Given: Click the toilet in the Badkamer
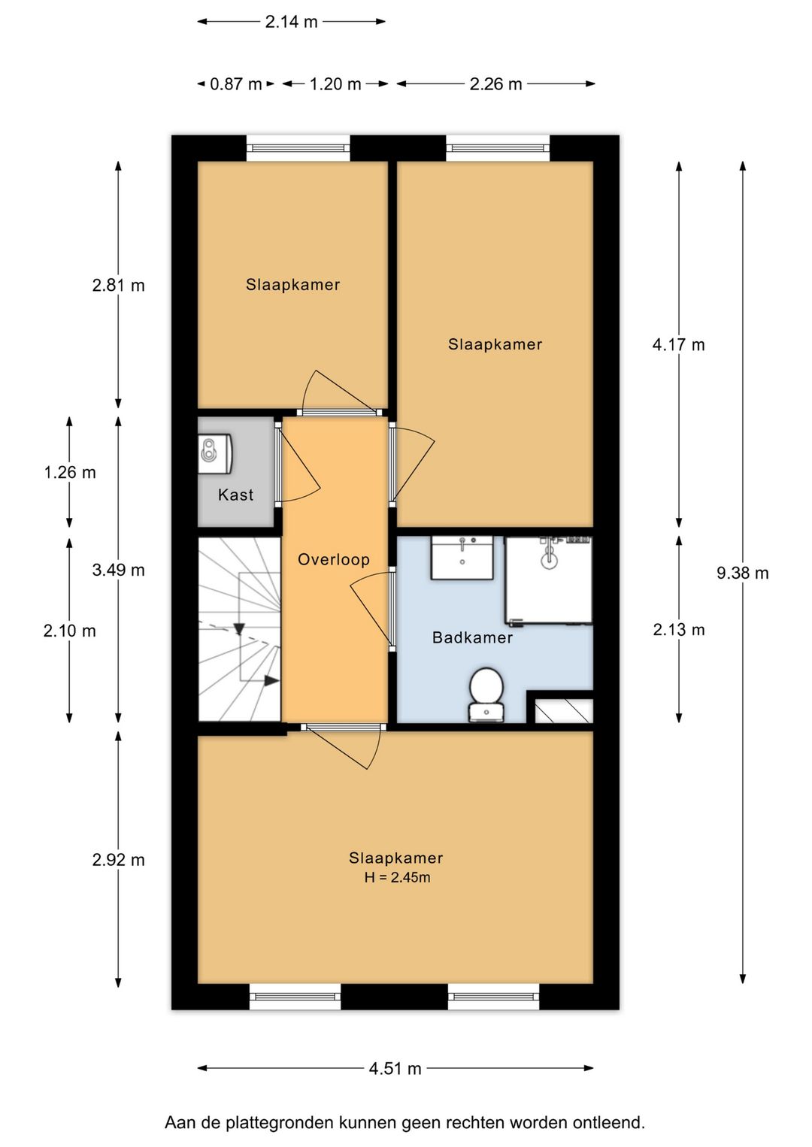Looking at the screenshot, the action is point(486,695).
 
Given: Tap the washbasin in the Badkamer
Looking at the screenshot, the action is point(462,558).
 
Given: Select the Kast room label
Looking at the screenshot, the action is point(235,495).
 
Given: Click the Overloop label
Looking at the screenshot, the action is point(334,559).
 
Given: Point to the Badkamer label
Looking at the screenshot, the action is point(472,637).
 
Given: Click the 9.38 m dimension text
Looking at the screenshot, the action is point(742,573).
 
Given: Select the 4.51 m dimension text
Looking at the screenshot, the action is point(395,1069).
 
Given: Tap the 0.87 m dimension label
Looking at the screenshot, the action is point(235,84).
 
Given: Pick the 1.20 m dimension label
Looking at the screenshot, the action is point(335,84).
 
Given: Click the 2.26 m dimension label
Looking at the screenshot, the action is point(495,84).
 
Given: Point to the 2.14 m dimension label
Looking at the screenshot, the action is point(291,22).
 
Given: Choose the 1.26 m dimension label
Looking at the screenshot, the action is point(70,472).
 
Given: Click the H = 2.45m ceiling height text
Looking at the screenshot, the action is point(397,878).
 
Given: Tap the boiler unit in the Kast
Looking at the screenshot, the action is point(216,452).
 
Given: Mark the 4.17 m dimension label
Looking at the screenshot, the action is point(678,344).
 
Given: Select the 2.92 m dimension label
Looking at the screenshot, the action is point(118,860).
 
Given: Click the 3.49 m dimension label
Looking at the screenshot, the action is point(118,570).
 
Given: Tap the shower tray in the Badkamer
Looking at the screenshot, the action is point(549,580).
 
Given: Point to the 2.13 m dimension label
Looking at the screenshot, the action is point(678,629).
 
